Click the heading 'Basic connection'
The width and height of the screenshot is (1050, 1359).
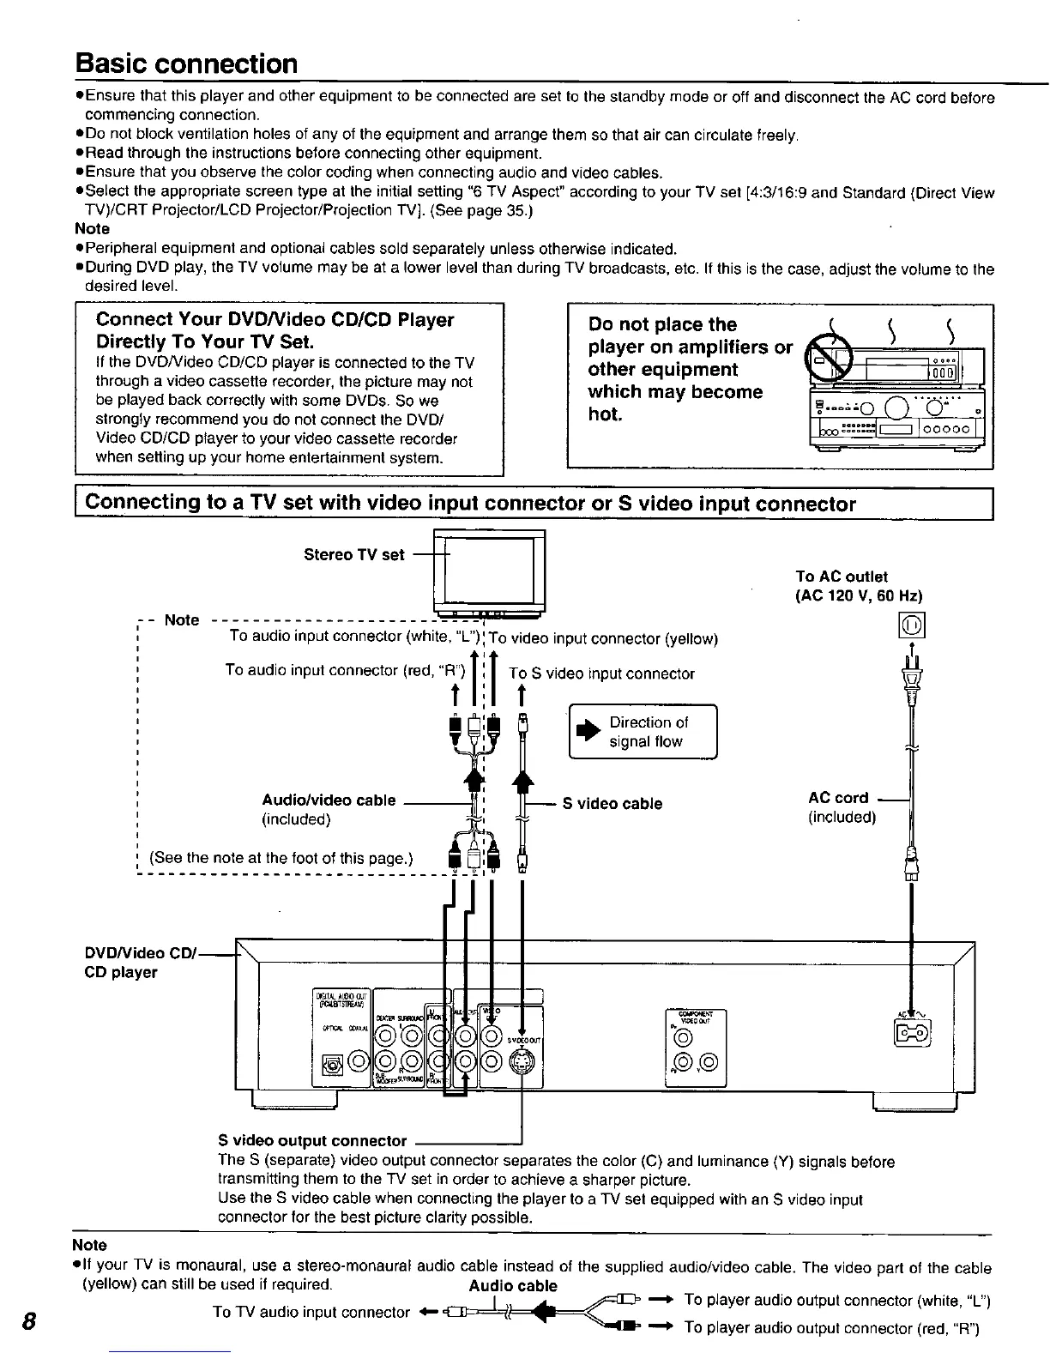click(186, 64)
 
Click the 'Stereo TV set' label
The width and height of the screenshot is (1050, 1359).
click(353, 554)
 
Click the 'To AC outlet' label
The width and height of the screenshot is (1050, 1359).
click(842, 577)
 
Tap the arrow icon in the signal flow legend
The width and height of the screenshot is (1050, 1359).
click(588, 732)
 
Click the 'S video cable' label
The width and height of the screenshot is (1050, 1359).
click(612, 804)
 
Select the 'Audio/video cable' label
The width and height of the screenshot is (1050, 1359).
click(329, 800)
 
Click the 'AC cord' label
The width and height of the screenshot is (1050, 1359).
click(838, 798)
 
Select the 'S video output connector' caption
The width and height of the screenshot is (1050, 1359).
click(312, 1140)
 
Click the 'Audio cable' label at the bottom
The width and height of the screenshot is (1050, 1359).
click(513, 1285)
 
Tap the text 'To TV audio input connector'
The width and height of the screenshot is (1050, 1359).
click(311, 1312)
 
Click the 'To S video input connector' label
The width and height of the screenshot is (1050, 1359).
click(601, 673)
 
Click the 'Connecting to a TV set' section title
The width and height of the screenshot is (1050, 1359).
click(470, 504)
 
